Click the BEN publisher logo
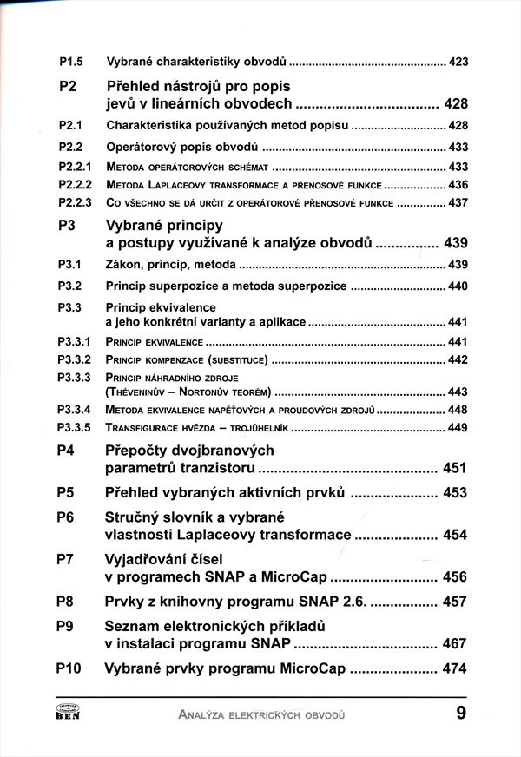[68, 714]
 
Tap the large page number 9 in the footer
[459, 714]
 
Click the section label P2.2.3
[75, 203]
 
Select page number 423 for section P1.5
[458, 63]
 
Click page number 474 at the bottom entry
[455, 669]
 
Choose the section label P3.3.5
[75, 427]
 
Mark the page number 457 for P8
[455, 601]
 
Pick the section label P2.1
[70, 126]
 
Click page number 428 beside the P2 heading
[456, 104]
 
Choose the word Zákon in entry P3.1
[124, 264]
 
